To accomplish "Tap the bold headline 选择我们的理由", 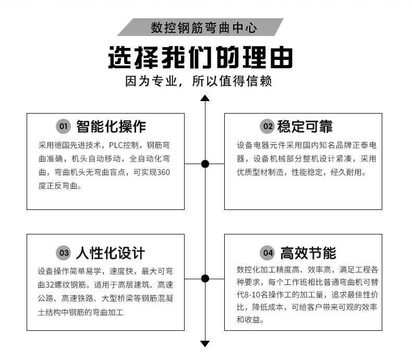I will pos(200,57).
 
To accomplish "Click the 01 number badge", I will pos(63,127).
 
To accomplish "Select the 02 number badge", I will pos(267,127).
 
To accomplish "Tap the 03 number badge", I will pos(63,254).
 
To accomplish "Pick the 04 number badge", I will pos(267,254).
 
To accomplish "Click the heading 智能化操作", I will pos(111,127).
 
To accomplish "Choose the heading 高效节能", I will pos(308,254).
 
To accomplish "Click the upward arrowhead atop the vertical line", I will pos(205,98).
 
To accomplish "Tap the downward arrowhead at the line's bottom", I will pos(205,343).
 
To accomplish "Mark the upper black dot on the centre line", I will pos(205,164).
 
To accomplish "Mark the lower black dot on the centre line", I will pos(205,278).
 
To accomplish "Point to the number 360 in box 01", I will pos(163,172).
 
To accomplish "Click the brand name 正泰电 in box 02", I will pos(364,145).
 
